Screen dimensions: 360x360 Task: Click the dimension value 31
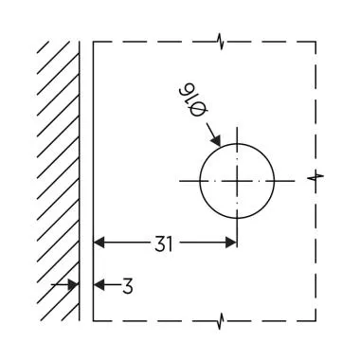point(163,243)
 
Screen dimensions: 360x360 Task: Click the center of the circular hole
point(237,180)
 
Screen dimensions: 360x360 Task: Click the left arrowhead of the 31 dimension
point(99,243)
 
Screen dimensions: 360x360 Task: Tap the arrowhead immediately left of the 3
point(99,284)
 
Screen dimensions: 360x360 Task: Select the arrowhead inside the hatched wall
point(74,284)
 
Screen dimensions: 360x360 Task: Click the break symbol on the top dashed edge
point(220,41)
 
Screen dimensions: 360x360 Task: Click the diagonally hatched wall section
point(57,171)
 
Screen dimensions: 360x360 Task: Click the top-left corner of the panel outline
point(93,41)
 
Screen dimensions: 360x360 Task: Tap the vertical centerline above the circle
point(237,133)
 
